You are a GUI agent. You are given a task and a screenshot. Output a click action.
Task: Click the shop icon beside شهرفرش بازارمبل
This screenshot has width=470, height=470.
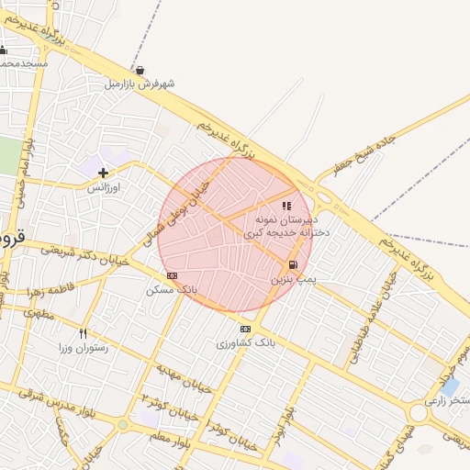pyautogui.click(x=139, y=70)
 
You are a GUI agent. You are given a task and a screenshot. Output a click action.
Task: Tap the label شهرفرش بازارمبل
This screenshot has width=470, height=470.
pyautogui.click(x=139, y=84)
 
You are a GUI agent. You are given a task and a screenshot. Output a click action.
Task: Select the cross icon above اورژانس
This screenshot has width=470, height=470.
pyautogui.click(x=103, y=172)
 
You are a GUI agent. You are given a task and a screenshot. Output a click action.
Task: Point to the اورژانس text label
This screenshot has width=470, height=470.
pyautogui.click(x=104, y=187)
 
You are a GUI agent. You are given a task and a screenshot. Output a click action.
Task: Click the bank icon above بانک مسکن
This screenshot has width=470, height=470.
pyautogui.click(x=172, y=275)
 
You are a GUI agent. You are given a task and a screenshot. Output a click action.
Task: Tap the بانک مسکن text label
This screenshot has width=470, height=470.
pyautogui.click(x=172, y=290)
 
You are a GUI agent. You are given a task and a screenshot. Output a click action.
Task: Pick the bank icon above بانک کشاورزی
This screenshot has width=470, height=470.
pyautogui.click(x=245, y=329)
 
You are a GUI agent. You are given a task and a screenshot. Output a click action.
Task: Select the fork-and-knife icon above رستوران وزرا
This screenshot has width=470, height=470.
pyautogui.click(x=84, y=333)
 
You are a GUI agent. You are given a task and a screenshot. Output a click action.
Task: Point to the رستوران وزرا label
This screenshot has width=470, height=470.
pyautogui.click(x=84, y=348)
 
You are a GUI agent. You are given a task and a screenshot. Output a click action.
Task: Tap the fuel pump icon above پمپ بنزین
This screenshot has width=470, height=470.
pyautogui.click(x=293, y=264)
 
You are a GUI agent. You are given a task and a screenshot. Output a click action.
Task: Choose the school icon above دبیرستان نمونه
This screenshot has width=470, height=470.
pyautogui.click(x=286, y=207)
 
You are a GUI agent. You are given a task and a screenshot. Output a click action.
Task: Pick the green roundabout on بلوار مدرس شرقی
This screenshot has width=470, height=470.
pyautogui.click(x=122, y=424)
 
